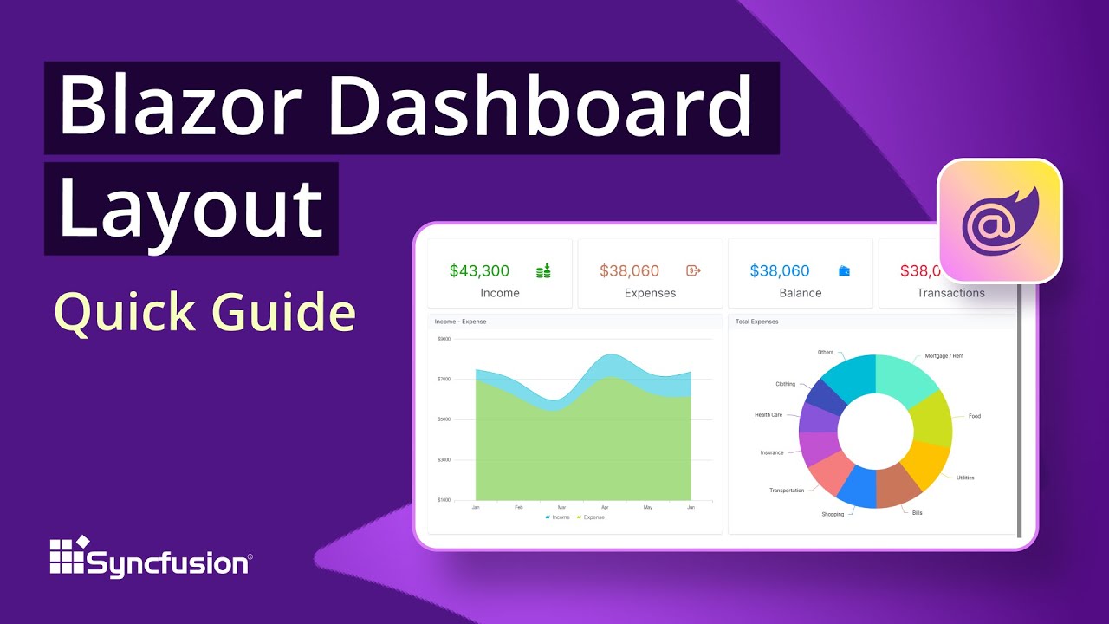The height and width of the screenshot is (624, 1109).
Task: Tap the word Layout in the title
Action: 191,208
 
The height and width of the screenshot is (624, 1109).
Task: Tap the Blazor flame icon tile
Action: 1000,220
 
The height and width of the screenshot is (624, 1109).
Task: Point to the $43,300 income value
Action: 479,271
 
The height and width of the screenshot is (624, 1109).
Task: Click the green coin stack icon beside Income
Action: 543,271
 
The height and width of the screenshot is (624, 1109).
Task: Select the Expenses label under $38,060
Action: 650,293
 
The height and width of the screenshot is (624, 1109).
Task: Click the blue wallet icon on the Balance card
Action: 845,271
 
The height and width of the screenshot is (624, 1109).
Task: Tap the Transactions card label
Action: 950,293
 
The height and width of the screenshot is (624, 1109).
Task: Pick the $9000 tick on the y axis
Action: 444,339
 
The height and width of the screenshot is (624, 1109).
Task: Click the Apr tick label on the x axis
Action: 605,507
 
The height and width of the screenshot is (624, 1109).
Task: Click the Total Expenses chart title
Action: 757,322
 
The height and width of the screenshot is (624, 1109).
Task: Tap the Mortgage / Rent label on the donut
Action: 944,356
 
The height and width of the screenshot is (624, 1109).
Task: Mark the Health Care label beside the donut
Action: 769,415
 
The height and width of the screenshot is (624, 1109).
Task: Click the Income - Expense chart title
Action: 460,322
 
